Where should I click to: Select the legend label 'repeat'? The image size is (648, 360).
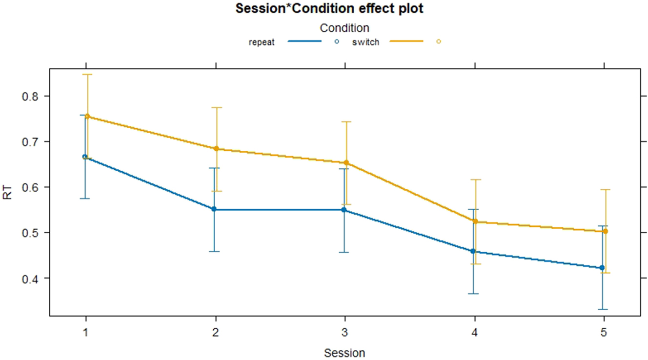[x=262, y=42]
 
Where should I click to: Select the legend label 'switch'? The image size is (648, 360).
[x=365, y=42]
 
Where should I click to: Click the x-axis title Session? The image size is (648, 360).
[x=344, y=352]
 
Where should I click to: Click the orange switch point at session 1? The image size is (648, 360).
[x=87, y=117]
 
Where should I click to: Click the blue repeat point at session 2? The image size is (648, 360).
[x=214, y=209]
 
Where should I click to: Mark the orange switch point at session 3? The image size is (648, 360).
[x=346, y=162]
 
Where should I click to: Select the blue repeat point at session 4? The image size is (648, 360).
[x=473, y=251]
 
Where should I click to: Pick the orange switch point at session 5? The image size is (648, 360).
[x=605, y=231]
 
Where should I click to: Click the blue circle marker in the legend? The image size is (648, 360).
[x=337, y=42]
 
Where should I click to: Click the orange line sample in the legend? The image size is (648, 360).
[x=406, y=42]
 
